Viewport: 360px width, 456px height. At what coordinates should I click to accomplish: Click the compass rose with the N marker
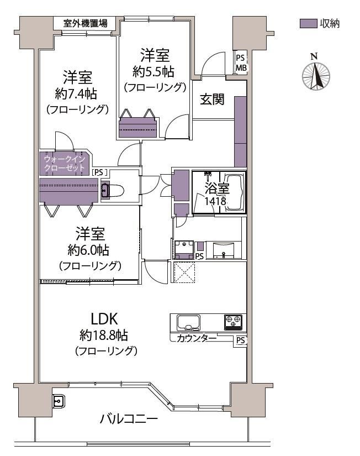(316, 76)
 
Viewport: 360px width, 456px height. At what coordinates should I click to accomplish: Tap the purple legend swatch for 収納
(308, 24)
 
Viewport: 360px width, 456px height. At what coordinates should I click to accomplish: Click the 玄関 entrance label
(212, 99)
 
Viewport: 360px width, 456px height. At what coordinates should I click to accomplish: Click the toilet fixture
(113, 191)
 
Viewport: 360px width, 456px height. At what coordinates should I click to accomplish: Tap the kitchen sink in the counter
(189, 322)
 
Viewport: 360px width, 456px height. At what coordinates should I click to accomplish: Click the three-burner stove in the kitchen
(233, 322)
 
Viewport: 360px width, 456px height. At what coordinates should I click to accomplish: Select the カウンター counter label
(197, 338)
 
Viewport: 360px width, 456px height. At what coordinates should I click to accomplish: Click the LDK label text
(104, 319)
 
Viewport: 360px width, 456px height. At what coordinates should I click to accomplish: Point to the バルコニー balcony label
(129, 419)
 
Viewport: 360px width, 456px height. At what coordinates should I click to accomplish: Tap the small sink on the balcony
(59, 402)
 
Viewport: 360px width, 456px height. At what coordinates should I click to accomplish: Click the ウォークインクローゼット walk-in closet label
(65, 163)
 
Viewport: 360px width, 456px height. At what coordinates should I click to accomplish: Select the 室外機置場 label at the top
(86, 23)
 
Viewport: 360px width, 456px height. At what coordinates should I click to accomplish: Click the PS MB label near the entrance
(241, 62)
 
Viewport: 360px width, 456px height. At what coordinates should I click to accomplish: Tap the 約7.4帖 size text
(76, 93)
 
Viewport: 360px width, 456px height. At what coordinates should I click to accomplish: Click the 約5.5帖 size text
(153, 71)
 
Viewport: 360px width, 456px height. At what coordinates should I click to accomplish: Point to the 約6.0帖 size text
(88, 249)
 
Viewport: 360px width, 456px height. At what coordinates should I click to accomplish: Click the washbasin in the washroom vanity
(223, 250)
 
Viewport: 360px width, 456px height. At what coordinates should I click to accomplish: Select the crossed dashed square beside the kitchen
(184, 272)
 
